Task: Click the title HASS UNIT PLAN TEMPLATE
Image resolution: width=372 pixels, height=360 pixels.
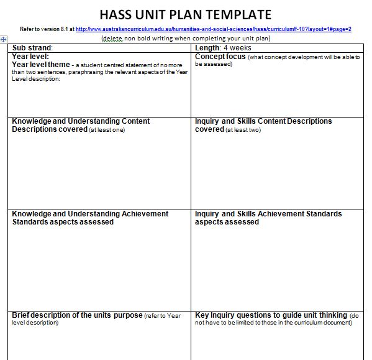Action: (185, 14)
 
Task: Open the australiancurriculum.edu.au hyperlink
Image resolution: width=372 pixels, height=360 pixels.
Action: (214, 29)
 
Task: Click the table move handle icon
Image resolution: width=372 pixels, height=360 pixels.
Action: (4, 39)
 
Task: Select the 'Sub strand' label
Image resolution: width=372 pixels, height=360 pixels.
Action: (32, 48)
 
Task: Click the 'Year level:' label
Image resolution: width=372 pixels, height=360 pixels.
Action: (30, 56)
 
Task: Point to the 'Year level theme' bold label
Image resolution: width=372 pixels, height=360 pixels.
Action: (40, 64)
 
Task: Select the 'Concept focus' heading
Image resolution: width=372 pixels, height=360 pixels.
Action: (220, 57)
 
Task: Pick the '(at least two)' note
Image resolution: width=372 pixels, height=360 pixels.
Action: (243, 130)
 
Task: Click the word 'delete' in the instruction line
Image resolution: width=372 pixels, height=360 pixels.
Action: (113, 39)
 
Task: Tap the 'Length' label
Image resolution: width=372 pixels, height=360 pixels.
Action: (207, 48)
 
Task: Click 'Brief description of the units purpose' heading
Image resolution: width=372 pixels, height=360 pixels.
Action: (77, 315)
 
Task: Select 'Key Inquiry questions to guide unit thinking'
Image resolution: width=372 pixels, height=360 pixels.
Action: (271, 315)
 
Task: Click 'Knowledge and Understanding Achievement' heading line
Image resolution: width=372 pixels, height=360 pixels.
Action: (90, 214)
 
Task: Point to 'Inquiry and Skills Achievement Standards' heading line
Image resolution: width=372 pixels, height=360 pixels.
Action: (268, 214)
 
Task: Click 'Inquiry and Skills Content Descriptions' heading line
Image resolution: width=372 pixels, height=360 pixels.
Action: (263, 121)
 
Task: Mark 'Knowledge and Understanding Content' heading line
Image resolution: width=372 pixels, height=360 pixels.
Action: (81, 121)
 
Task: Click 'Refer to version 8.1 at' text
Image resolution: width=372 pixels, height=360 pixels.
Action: (47, 29)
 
